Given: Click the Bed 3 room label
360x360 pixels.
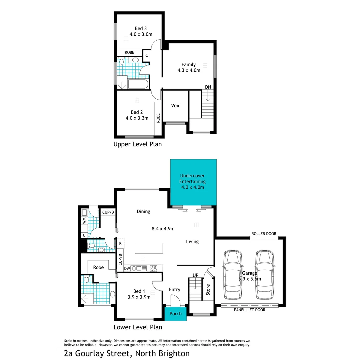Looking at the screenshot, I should [136, 28].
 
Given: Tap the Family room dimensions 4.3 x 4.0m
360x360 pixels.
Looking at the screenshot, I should [189, 70].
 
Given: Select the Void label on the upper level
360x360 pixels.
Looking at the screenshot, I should [176, 106].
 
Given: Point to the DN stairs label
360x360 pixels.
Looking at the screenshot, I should [208, 87].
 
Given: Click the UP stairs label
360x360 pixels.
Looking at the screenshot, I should [196, 275].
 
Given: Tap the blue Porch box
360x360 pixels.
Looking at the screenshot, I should [176, 314].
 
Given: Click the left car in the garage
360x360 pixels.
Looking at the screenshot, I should [233, 275].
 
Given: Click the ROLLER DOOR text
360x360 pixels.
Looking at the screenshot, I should [264, 234].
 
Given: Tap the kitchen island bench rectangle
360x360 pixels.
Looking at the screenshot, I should [149, 248].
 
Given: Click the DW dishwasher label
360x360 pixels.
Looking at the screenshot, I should [127, 268].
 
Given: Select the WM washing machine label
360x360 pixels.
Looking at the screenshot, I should [84, 221].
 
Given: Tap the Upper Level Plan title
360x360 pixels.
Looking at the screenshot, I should [138, 144].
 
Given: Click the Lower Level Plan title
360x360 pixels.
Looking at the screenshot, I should [138, 327].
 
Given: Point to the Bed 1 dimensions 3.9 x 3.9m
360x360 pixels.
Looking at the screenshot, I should [139, 297].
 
